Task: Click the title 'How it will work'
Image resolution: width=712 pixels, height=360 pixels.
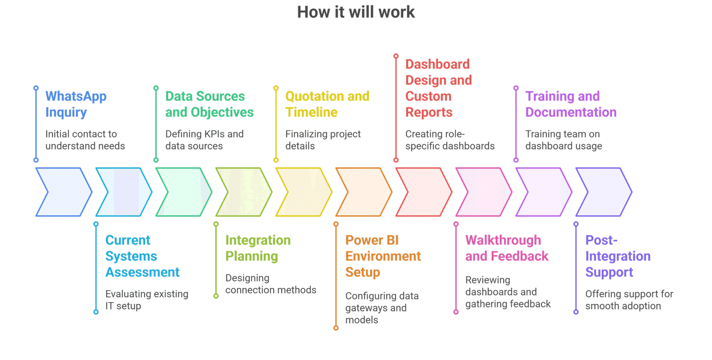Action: pyautogui.click(x=356, y=12)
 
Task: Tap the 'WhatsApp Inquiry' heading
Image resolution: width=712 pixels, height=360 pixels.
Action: pyautogui.click(x=76, y=104)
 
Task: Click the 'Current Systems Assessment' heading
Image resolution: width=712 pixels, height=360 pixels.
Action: pyautogui.click(x=142, y=256)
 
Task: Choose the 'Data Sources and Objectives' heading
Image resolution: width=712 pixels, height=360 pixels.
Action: pyautogui.click(x=209, y=104)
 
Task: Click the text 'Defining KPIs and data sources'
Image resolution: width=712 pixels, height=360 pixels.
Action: pyautogui.click(x=204, y=140)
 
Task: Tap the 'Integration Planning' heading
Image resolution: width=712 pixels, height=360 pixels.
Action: pyautogui.click(x=258, y=248)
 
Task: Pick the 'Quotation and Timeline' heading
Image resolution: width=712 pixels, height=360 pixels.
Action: pyautogui.click(x=327, y=104)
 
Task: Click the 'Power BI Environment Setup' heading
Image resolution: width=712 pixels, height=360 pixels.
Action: pyautogui.click(x=383, y=256)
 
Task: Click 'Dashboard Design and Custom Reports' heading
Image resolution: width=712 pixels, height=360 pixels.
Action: pyautogui.click(x=438, y=88)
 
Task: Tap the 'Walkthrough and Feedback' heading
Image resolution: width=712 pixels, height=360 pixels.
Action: pyautogui.click(x=507, y=248)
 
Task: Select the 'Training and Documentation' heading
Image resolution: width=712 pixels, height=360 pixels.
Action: pyautogui.click(x=570, y=104)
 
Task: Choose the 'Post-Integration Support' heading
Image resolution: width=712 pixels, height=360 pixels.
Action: pyautogui.click(x=618, y=256)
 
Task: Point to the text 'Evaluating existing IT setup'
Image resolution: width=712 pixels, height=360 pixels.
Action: pyautogui.click(x=146, y=299)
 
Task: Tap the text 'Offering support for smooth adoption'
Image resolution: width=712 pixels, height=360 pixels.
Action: pyautogui.click(x=629, y=299)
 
